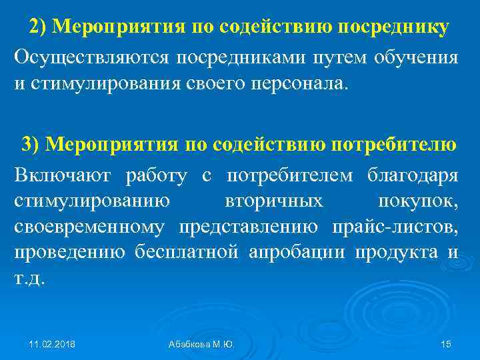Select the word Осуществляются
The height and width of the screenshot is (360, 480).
pos(90,58)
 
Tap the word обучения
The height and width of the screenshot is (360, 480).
pos(415,58)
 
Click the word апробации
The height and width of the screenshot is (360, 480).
pos(297,253)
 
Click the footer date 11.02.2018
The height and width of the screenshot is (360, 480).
pos(52,343)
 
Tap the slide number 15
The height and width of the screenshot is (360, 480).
pos(446,343)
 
